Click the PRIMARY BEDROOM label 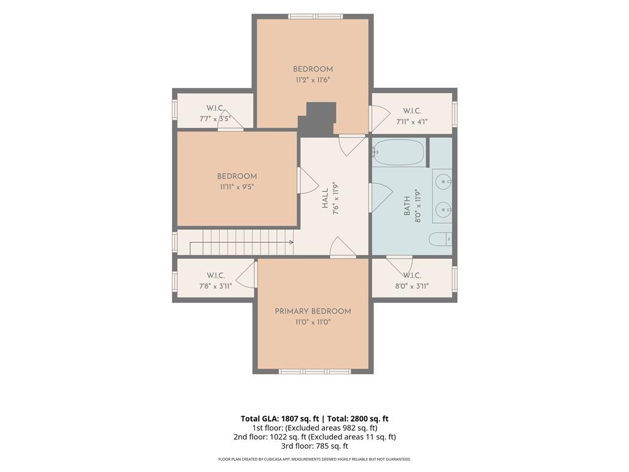click(x=313, y=311)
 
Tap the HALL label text click(x=325, y=199)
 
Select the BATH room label click(x=407, y=206)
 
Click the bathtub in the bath click(x=398, y=152)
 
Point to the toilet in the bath click(x=440, y=240)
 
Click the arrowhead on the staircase click(x=291, y=242)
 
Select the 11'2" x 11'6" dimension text click(x=313, y=80)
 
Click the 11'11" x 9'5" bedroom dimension click(x=237, y=187)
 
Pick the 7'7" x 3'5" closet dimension click(x=216, y=119)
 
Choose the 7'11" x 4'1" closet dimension click(x=412, y=121)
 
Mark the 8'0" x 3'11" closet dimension click(x=412, y=286)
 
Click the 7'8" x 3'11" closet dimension click(x=216, y=286)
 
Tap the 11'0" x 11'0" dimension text click(x=313, y=322)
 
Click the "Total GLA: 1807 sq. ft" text click(x=279, y=419)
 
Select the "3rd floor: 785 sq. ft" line click(x=314, y=446)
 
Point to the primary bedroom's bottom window click(x=315, y=372)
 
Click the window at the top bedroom click(x=316, y=17)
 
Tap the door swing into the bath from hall click(x=380, y=197)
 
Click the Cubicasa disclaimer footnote click(x=314, y=459)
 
